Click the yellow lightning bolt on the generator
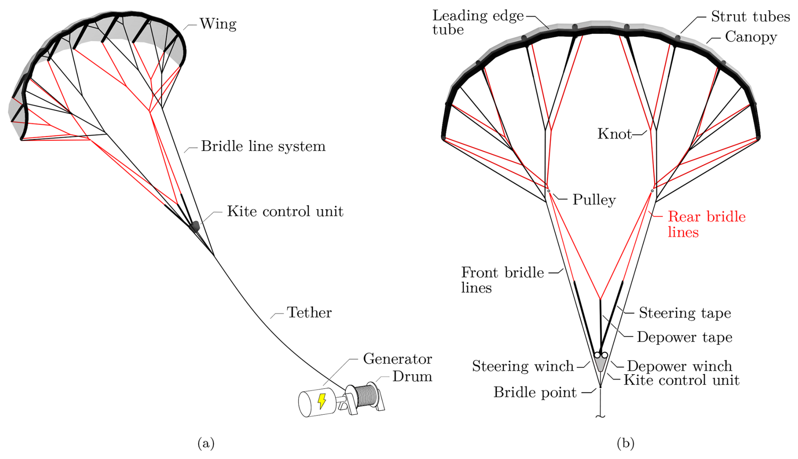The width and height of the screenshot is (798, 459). (322, 401)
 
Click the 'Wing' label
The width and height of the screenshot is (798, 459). (218, 24)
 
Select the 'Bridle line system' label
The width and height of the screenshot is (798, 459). (263, 146)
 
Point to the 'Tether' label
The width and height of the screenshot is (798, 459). (309, 313)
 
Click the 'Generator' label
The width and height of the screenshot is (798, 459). (397, 359)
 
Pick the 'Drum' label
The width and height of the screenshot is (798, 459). (412, 376)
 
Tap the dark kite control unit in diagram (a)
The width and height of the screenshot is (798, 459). (195, 226)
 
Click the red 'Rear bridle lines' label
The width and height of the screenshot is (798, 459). (706, 224)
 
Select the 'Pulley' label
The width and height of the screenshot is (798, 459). (594, 200)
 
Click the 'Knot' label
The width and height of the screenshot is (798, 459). (615, 134)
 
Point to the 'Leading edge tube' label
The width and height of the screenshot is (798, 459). (477, 22)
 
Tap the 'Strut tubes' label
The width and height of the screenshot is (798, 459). (750, 16)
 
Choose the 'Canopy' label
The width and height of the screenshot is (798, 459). (751, 37)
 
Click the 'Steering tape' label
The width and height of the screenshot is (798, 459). (685, 313)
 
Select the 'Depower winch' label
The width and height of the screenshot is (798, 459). (679, 366)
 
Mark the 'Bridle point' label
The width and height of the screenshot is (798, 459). (535, 392)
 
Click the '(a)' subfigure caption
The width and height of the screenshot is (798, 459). (206, 443)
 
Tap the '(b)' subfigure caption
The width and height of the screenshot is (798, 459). (625, 443)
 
